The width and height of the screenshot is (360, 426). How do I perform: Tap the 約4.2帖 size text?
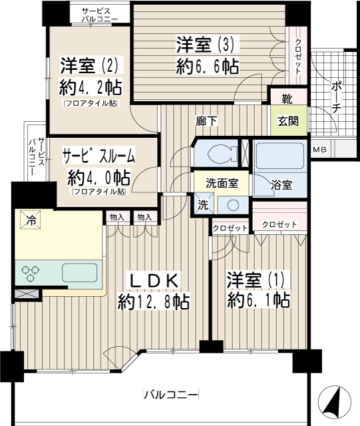pos(90,87)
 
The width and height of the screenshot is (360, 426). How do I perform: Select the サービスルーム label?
pos(98,156)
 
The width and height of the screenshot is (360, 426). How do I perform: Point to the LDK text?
pos(155,281)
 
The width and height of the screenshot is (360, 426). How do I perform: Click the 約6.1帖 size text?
pos(258,300)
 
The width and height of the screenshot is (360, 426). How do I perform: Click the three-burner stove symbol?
pos(31,273)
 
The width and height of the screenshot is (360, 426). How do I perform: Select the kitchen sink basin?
pos(80,272)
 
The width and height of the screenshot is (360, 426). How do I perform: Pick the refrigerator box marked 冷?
pos(31,220)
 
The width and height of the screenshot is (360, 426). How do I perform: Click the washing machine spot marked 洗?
pos(204,204)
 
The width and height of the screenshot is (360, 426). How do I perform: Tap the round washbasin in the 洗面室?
pos(233,205)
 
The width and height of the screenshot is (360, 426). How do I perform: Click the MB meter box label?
pos(319,149)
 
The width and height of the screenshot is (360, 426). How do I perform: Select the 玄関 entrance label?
pos(288,120)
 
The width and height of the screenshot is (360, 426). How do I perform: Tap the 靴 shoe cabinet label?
pos(287,99)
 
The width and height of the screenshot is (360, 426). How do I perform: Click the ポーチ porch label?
pos(336,97)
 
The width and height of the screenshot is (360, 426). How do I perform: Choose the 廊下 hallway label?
pos(207,121)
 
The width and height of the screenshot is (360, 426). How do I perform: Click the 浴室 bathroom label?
pos(281,185)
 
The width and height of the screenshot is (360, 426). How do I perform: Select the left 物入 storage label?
pos(117,217)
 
